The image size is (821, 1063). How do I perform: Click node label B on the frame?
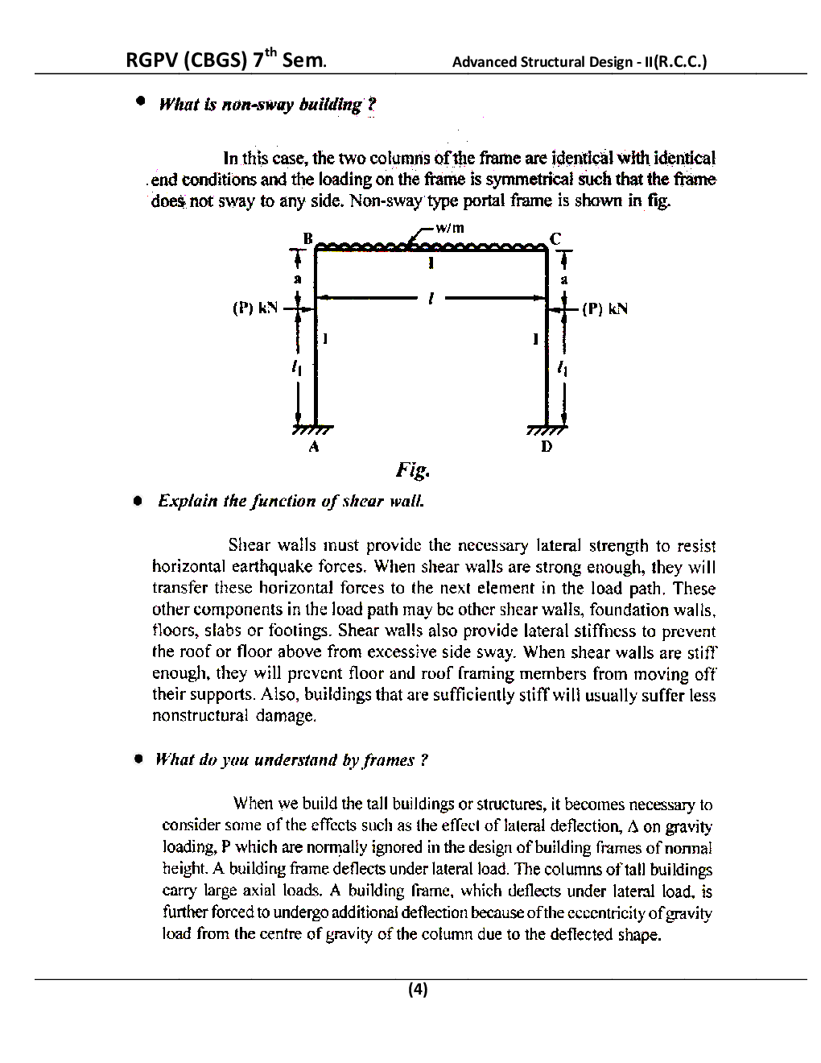pos(307,238)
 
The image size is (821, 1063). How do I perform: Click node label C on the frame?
pos(555,238)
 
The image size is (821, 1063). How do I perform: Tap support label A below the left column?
pos(314,446)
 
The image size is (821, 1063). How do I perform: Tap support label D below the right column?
pos(547,446)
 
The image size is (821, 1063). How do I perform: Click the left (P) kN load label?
pos(255,308)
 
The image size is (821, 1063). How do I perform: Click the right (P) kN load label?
pos(604,308)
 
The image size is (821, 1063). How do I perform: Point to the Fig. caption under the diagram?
pos(412,469)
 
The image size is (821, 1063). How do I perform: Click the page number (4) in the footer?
pos(418,989)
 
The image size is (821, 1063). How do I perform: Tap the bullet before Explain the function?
pos(138,501)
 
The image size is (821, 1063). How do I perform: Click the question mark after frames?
pos(424,760)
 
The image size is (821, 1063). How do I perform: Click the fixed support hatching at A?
pos(313,429)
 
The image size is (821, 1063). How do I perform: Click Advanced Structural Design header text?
pos(579,62)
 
